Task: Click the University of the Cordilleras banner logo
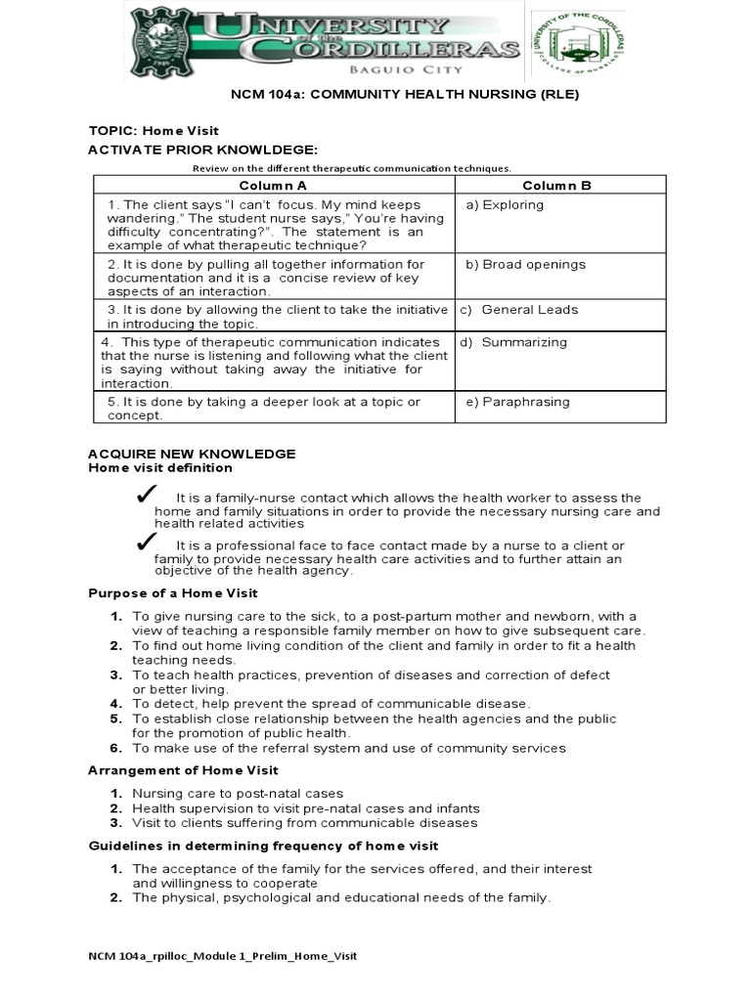(323, 42)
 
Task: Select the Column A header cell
(273, 186)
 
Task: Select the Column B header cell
(556, 186)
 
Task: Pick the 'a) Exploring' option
(505, 205)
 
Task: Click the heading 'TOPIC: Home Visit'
(154, 130)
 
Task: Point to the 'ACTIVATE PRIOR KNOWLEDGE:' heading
(203, 149)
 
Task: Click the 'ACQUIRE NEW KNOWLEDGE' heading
(192, 455)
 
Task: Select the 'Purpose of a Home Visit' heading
(173, 593)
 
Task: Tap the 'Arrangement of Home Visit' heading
(184, 770)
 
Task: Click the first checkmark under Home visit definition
(147, 497)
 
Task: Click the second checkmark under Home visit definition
(147, 544)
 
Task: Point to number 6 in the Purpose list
(115, 748)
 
